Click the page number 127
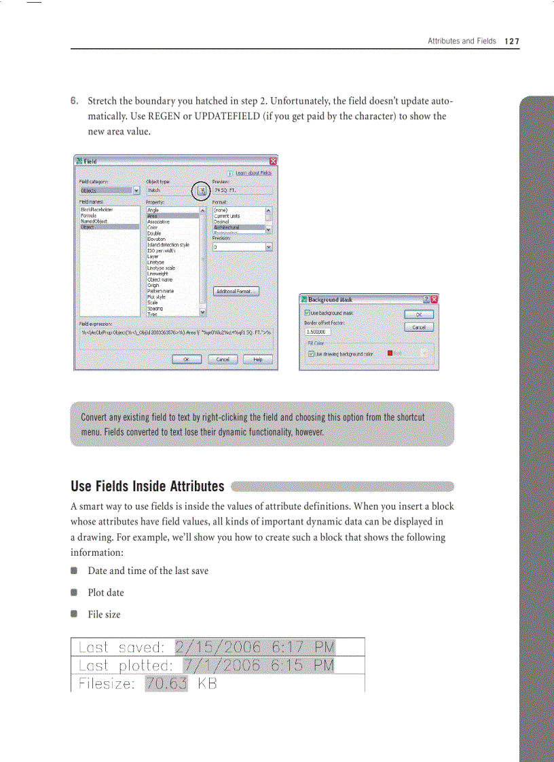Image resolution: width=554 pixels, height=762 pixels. pos(512,41)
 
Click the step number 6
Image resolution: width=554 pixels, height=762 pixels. pos(75,102)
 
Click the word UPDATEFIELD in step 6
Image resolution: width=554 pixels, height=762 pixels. pos(224,116)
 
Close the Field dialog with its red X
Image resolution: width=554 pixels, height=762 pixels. pos(273,161)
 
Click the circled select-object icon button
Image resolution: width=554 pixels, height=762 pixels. pos(202,191)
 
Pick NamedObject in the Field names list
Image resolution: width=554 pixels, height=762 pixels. pos(93,222)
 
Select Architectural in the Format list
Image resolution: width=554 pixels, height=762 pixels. pos(227,228)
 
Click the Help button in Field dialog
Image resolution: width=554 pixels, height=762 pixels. pos(257,360)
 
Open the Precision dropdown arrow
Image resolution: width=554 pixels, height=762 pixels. pos(269,248)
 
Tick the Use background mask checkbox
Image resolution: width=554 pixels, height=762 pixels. pos(308,313)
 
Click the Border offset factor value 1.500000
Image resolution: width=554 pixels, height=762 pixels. pos(318,332)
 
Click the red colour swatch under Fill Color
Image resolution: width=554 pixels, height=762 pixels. pos(390,354)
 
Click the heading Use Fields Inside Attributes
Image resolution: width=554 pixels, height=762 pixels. pos(147,487)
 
